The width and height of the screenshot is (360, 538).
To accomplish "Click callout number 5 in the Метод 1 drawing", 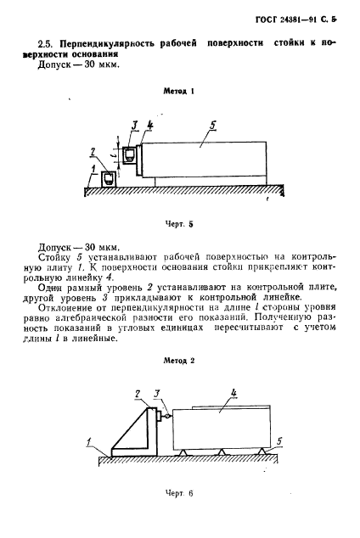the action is [212, 125].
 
